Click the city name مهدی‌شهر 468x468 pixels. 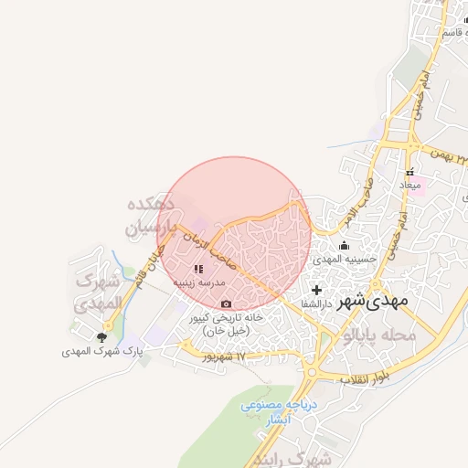373,300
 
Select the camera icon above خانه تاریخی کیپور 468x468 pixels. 226,303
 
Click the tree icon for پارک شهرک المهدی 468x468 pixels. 101,337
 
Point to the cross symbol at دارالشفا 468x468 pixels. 316,290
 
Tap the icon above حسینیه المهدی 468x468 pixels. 344,245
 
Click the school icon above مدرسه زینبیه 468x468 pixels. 198,270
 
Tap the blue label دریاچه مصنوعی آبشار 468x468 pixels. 277,412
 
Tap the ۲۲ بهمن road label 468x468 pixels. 436,149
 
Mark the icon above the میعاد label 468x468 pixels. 409,171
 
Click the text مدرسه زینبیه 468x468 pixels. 199,284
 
